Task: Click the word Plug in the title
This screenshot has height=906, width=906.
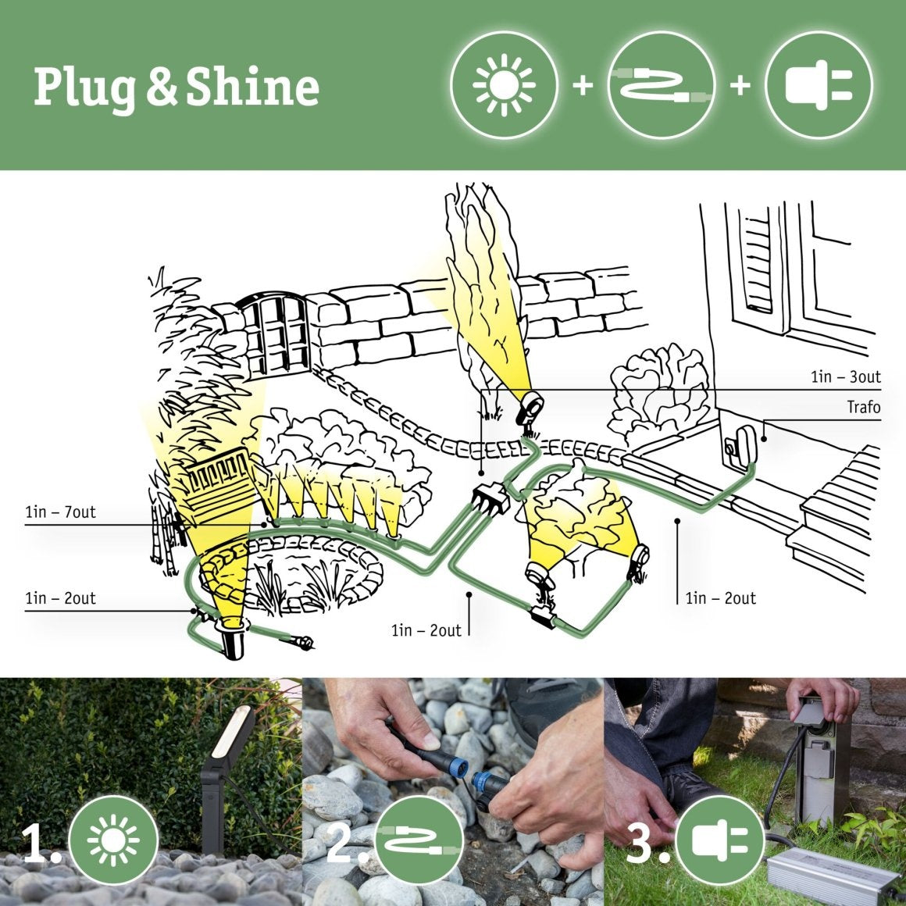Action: point(87,87)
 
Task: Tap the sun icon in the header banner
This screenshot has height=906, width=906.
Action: point(505,84)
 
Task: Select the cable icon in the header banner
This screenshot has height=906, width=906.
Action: point(661,84)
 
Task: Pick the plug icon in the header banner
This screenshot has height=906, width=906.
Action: point(818,84)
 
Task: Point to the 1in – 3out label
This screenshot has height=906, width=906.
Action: point(845,377)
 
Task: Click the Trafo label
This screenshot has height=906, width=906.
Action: point(863,407)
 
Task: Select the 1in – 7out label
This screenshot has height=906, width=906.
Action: point(60,512)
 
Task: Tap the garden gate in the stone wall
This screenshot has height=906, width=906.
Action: point(277,336)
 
